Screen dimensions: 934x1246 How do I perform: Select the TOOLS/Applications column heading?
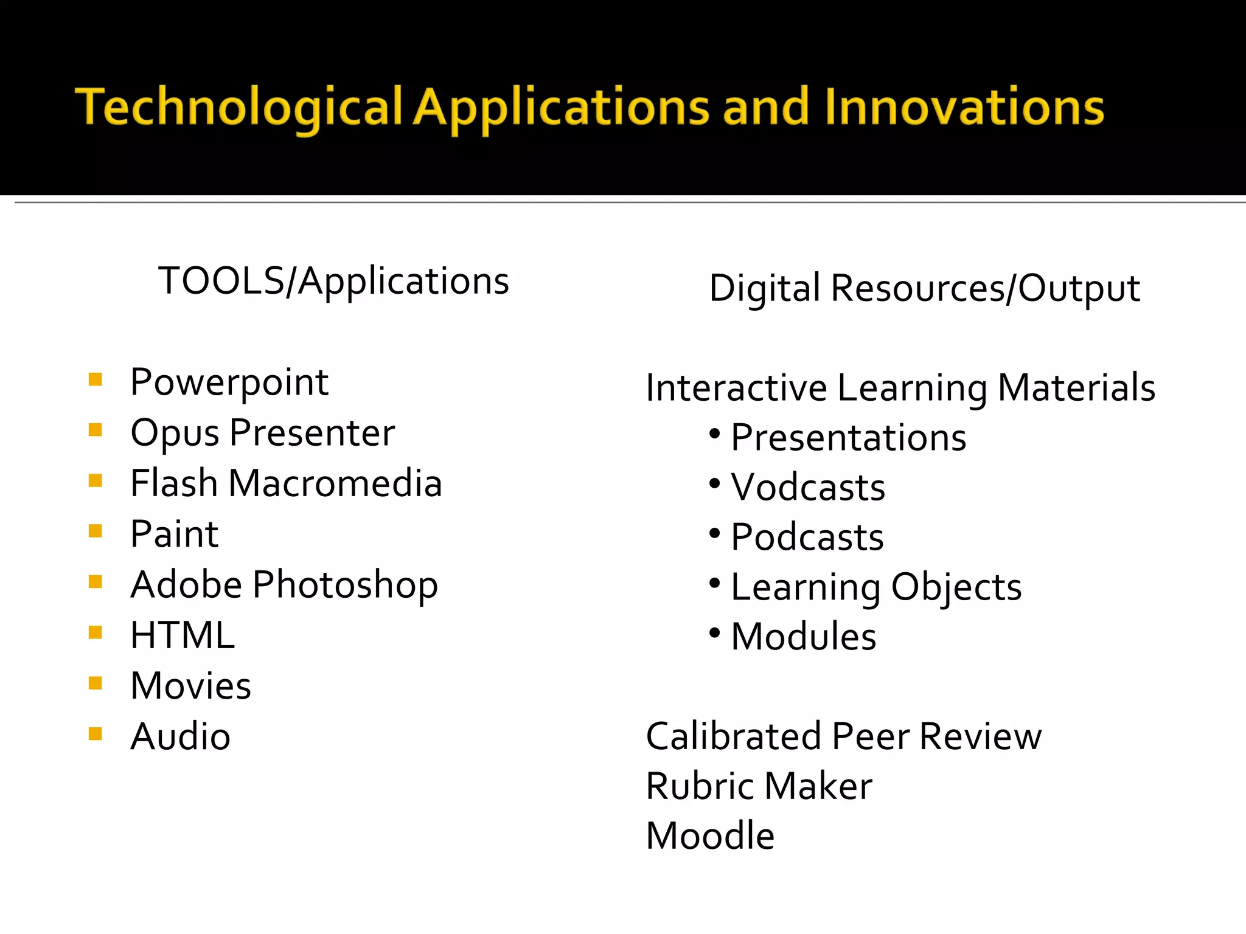point(333,282)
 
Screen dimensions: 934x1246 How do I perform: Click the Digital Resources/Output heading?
point(924,288)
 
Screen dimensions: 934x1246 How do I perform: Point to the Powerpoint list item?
point(229,383)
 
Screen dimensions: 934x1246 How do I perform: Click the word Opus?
point(175,434)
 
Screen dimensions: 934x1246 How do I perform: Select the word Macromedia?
point(335,484)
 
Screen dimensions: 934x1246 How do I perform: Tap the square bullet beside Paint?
point(96,531)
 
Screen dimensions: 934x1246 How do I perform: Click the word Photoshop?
point(345,586)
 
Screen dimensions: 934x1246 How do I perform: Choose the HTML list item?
point(183,635)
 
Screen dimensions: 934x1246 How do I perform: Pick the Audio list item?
point(181,737)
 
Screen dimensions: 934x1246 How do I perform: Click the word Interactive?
point(736,389)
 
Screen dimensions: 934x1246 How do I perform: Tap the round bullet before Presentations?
point(715,434)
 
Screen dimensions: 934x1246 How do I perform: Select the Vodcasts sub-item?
point(808,488)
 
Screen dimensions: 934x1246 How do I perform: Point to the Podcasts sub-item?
point(807,538)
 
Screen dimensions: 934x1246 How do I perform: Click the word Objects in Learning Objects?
point(956,587)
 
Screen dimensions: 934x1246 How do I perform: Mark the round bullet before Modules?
point(715,633)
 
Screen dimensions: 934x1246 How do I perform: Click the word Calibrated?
point(733,737)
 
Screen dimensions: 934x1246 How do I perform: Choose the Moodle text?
point(710,836)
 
